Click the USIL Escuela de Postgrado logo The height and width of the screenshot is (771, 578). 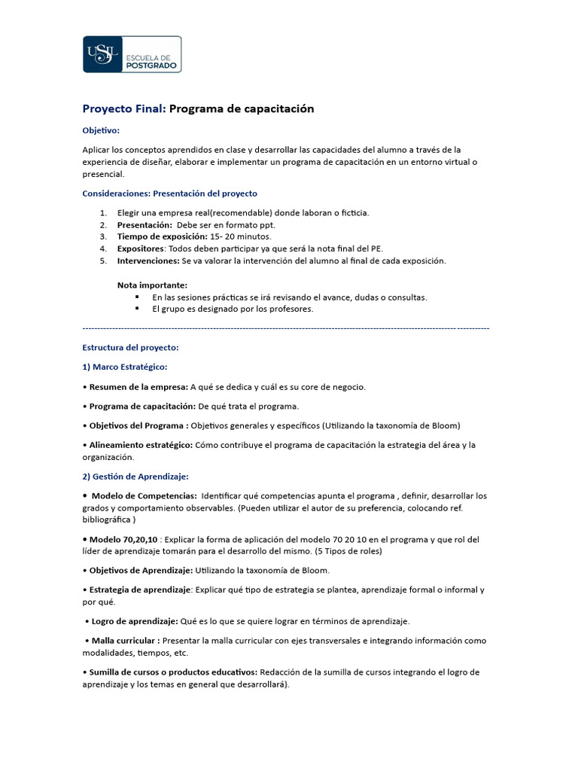(x=132, y=54)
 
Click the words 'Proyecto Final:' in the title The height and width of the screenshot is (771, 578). (x=123, y=109)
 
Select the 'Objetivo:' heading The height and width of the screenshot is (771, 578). (x=101, y=130)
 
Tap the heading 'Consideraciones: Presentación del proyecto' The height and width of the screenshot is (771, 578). (x=169, y=194)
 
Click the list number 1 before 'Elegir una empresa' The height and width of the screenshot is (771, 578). (x=102, y=213)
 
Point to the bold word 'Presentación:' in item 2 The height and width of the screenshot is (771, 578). (x=144, y=225)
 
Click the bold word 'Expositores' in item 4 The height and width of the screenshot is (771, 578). (x=140, y=248)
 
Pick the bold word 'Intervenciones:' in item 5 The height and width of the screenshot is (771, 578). (x=148, y=261)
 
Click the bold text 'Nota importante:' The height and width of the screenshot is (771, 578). (x=152, y=285)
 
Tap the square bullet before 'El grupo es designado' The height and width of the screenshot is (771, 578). (x=138, y=309)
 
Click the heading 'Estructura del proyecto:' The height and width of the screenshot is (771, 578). (x=130, y=348)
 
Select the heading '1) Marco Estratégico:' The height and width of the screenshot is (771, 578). (x=125, y=367)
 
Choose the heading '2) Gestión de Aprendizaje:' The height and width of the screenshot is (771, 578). (x=135, y=477)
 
